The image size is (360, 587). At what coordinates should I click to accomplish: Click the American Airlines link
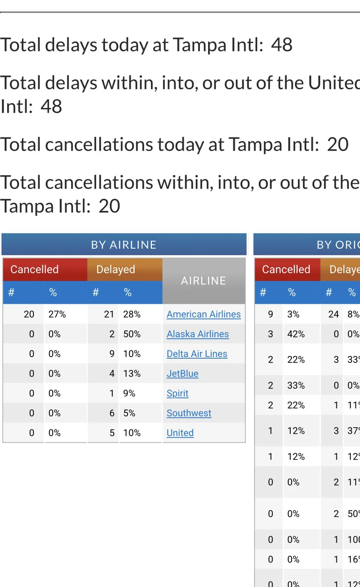203,314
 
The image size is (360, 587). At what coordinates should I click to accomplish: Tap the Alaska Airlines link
197,334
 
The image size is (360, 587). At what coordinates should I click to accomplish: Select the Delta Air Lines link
197,354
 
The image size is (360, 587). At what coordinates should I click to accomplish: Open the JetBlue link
182,373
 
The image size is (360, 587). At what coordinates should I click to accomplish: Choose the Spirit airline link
177,393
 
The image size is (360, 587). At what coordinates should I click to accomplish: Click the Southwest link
189,413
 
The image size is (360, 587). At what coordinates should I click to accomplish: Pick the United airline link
180,433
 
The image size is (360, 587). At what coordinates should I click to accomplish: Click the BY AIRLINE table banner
124,245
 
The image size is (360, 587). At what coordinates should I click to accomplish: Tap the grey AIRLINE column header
203,281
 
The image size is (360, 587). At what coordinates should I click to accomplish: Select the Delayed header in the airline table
115,269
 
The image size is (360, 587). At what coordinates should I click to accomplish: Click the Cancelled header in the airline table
34,269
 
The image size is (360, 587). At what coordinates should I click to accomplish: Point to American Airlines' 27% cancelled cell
57,314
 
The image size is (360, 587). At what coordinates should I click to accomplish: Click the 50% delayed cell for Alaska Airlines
132,334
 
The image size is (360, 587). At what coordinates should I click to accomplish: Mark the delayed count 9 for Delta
112,354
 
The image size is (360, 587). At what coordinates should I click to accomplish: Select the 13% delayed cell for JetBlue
132,373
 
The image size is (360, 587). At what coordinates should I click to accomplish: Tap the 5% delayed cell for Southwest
129,413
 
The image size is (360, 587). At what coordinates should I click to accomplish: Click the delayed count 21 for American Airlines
109,314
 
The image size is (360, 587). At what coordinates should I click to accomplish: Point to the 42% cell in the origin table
296,334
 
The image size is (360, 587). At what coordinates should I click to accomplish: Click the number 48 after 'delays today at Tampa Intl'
282,45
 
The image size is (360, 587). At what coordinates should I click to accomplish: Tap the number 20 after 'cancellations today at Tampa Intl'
337,144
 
